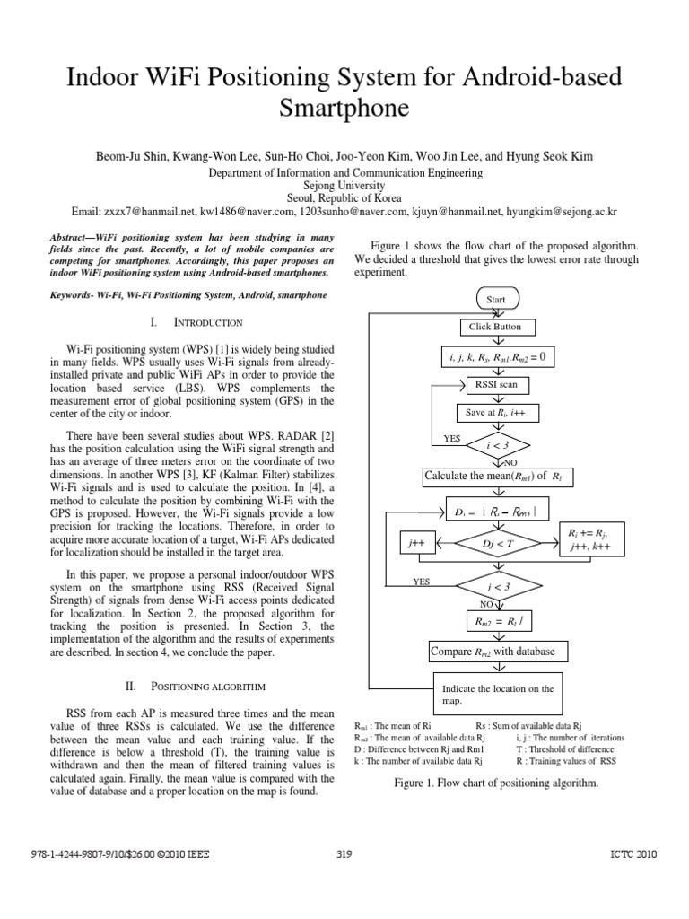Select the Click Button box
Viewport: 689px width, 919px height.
495,327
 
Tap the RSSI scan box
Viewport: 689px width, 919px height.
495,385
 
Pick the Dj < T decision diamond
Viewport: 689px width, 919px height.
495,543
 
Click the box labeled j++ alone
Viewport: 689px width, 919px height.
414,543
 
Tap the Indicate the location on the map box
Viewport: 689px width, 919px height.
498,695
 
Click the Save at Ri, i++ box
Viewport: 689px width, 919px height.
495,412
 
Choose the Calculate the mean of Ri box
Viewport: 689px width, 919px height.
496,474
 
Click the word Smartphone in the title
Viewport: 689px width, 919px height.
344,109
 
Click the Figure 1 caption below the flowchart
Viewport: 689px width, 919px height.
496,783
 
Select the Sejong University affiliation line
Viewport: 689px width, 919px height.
344,185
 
